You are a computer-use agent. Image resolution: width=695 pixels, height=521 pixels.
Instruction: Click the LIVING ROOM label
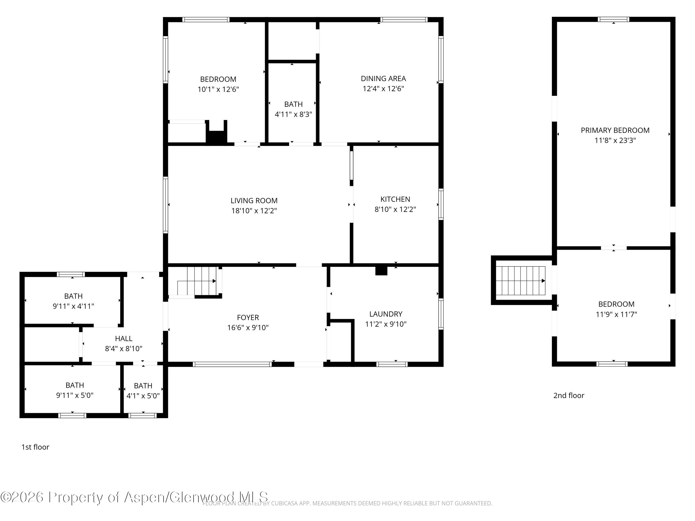[254, 201]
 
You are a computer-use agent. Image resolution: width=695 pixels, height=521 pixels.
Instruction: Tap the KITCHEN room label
[395, 199]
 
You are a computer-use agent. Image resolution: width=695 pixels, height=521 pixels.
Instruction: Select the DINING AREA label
[383, 78]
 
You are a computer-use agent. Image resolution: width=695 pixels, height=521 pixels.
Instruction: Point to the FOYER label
[248, 317]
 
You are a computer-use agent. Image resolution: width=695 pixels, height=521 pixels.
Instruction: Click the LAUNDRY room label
[386, 314]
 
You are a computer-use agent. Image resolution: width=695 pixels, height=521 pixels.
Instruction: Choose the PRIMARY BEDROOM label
[615, 130]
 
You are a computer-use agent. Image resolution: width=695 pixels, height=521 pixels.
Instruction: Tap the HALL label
[123, 339]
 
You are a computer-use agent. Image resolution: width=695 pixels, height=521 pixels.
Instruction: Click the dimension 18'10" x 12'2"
[254, 211]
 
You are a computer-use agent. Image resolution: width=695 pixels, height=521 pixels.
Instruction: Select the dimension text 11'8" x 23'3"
[615, 140]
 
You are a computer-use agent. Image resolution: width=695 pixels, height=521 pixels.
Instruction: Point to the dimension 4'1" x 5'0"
[143, 396]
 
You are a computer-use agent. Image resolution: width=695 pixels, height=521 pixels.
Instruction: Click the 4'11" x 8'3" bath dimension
[294, 114]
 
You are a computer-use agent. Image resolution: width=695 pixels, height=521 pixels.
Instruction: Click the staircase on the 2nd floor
[521, 281]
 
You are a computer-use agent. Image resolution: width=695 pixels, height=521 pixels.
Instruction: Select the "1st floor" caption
[35, 447]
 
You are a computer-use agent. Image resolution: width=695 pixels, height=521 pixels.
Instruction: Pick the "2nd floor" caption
[569, 395]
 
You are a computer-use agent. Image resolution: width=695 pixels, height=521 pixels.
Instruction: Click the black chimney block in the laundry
[381, 271]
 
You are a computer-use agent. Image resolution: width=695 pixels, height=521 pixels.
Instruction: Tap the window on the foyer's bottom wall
[232, 364]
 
